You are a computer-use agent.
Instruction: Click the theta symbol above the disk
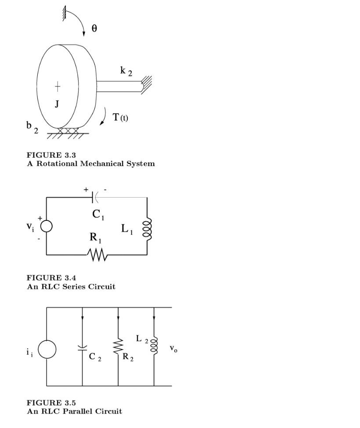tap(94, 29)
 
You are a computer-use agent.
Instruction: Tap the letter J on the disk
tap(57, 104)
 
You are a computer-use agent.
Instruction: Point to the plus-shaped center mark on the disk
tap(58, 86)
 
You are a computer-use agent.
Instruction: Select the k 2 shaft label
tap(126, 71)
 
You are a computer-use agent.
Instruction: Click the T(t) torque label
tap(120, 117)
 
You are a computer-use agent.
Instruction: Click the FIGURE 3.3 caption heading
tap(51, 155)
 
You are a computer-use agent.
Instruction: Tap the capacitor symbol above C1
tap(93, 198)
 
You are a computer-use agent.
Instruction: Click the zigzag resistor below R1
tap(97, 255)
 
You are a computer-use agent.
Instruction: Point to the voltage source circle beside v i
tap(47, 226)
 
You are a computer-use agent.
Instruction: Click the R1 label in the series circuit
tap(96, 238)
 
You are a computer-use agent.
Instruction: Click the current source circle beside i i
tap(47, 350)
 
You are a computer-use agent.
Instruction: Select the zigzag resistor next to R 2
tap(118, 346)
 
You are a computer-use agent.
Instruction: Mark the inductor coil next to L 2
tap(154, 345)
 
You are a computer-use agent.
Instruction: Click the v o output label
tap(173, 349)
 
